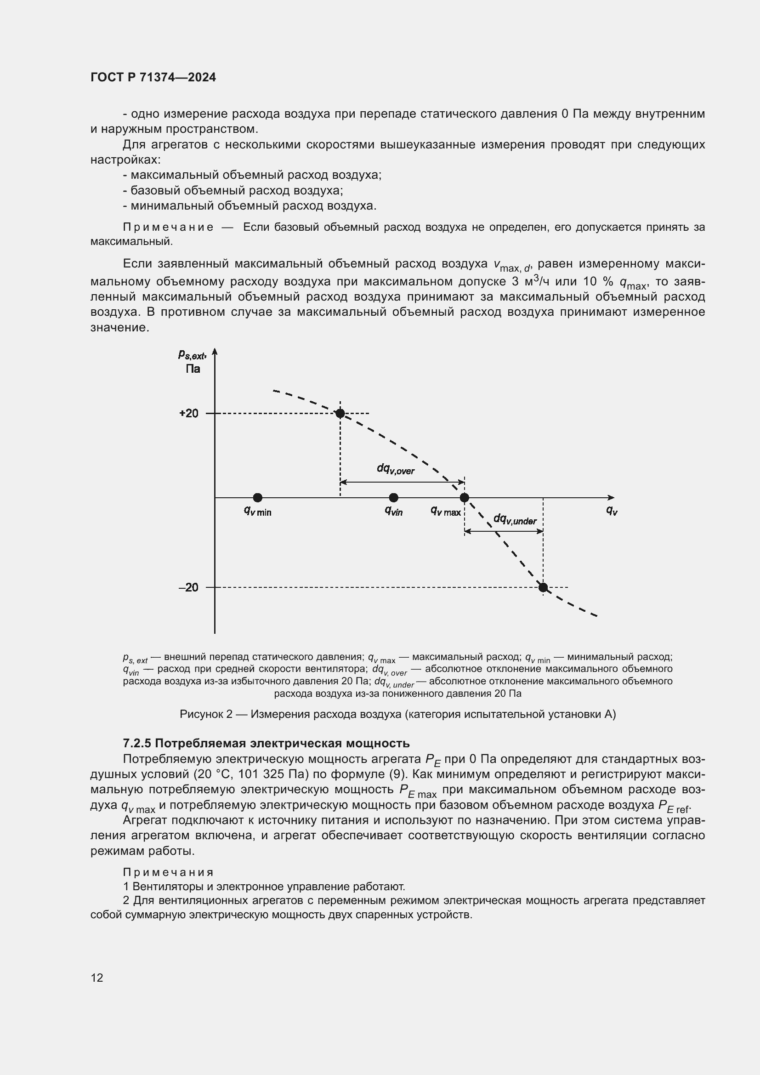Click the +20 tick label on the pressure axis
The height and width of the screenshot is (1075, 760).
pyautogui.click(x=188, y=414)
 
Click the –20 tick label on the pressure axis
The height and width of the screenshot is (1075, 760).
pyautogui.click(x=188, y=587)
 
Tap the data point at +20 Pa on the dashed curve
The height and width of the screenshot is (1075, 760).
pyautogui.click(x=340, y=414)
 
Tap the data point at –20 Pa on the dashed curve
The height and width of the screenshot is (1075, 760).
pyautogui.click(x=543, y=587)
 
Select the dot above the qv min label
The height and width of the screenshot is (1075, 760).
pyautogui.click(x=257, y=497)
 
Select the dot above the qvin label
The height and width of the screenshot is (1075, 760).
pyautogui.click(x=394, y=497)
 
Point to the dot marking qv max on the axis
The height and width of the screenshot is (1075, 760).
pyautogui.click(x=464, y=497)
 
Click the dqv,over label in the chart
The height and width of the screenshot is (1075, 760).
pyautogui.click(x=396, y=469)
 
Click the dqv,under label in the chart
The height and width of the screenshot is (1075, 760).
pyautogui.click(x=515, y=519)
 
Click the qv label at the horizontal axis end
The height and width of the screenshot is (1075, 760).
pyautogui.click(x=612, y=511)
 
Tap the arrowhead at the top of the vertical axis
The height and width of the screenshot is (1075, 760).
pyautogui.click(x=215, y=351)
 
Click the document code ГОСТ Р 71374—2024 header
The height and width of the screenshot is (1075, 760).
pyautogui.click(x=153, y=78)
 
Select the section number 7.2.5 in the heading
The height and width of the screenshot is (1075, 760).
pyautogui.click(x=136, y=744)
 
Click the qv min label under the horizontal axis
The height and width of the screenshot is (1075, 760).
pyautogui.click(x=257, y=511)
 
